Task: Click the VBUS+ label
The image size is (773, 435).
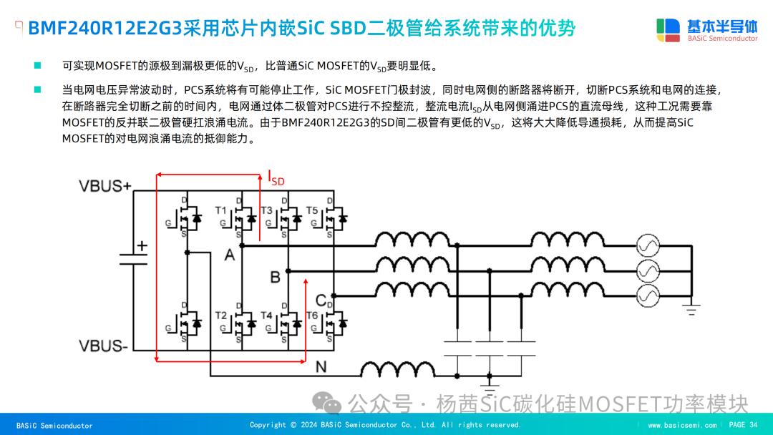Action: click(105, 187)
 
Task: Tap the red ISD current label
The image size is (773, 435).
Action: click(276, 177)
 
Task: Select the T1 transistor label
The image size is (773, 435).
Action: click(221, 210)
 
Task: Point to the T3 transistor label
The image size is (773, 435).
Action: click(266, 210)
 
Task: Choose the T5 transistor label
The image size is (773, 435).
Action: click(311, 210)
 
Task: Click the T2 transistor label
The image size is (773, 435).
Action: click(221, 316)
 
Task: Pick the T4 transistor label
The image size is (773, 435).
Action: click(266, 316)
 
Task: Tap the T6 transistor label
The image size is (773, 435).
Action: click(311, 316)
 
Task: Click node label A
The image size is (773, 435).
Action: click(229, 255)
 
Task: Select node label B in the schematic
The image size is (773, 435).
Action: click(275, 276)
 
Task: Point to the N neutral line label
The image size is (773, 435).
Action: click(321, 367)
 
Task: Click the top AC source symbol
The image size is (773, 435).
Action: click(648, 246)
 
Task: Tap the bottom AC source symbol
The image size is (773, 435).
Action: click(648, 294)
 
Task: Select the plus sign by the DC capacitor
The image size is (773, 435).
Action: click(142, 245)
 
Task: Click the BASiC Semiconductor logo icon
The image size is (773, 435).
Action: click(669, 29)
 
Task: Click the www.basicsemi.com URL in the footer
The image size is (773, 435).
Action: click(682, 425)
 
